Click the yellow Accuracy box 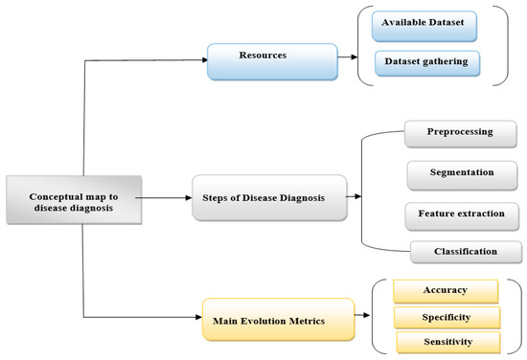pos(446,289)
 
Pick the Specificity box pos(447,316)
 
